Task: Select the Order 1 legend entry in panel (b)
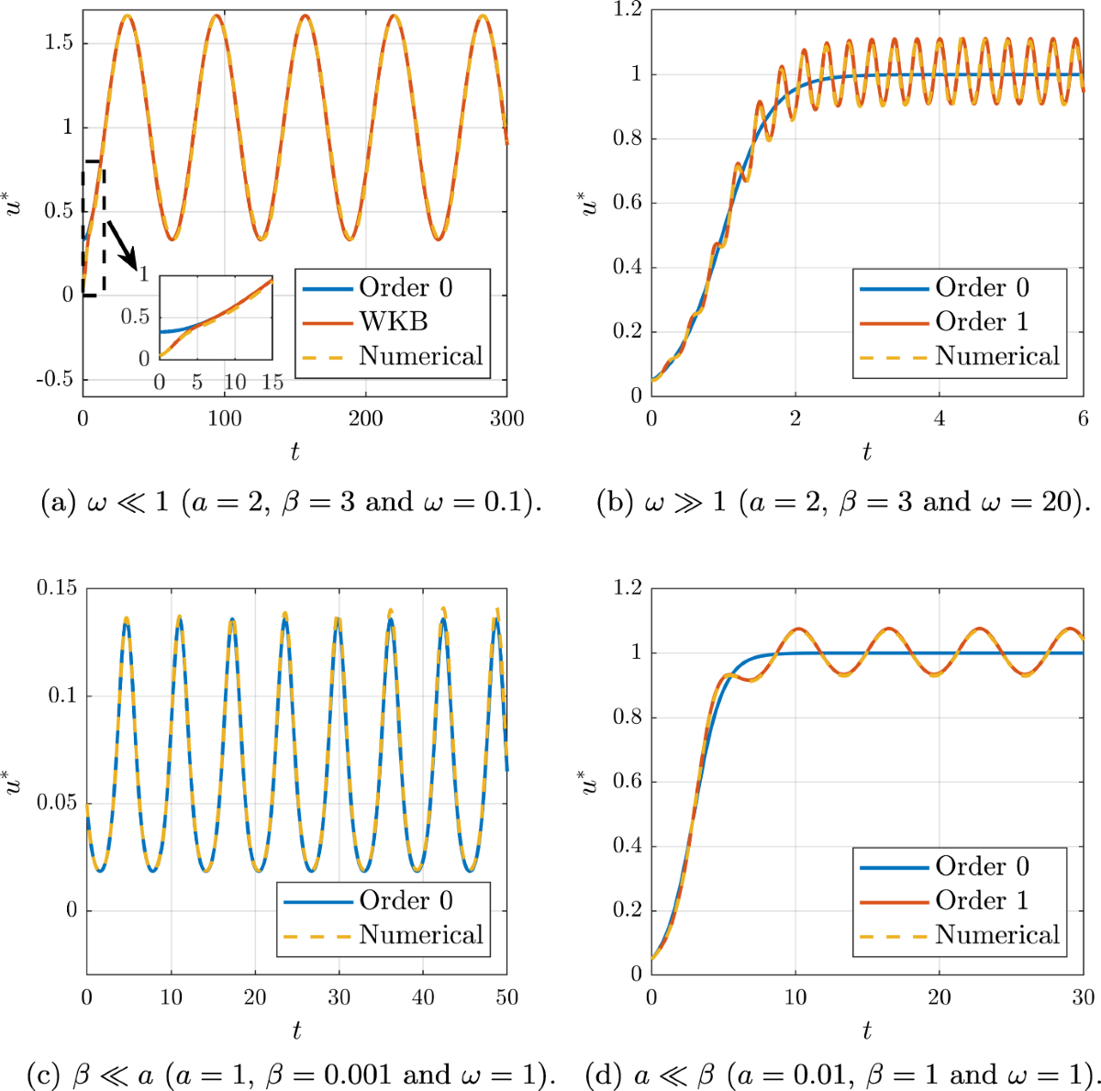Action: click(x=982, y=322)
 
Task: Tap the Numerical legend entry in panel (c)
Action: click(x=420, y=935)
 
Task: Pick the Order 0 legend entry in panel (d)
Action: click(x=982, y=867)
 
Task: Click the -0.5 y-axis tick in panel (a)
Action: click(x=53, y=379)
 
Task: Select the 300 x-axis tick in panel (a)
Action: click(x=506, y=419)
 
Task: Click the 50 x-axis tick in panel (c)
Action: click(x=506, y=997)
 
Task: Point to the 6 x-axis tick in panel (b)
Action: click(x=1083, y=419)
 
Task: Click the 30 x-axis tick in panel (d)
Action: click(x=1083, y=997)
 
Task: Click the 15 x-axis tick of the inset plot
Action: click(x=272, y=382)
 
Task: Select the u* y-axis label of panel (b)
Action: click(x=588, y=203)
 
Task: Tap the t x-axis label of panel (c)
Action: click(x=295, y=1031)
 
